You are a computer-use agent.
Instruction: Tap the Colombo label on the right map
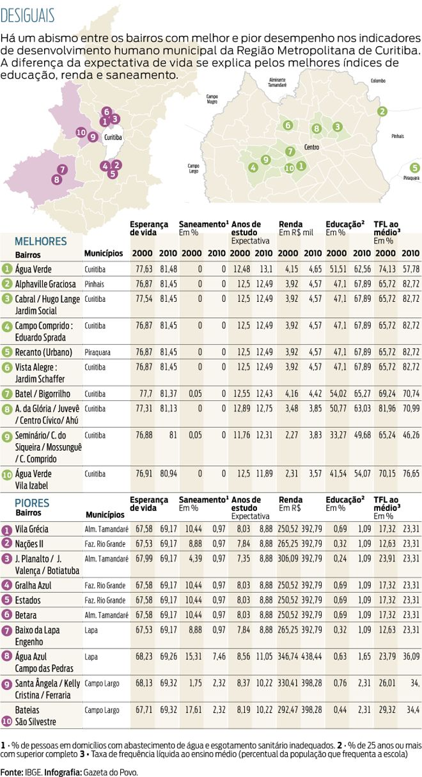coord(378,81)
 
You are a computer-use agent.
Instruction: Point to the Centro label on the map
coord(312,147)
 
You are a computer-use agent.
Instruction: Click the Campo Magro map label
coord(212,99)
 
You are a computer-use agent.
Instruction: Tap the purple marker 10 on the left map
coord(81,132)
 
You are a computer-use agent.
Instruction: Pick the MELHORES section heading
coord(41,241)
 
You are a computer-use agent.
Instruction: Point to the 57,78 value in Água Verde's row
coord(410,269)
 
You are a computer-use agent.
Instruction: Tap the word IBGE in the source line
coord(33,772)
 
